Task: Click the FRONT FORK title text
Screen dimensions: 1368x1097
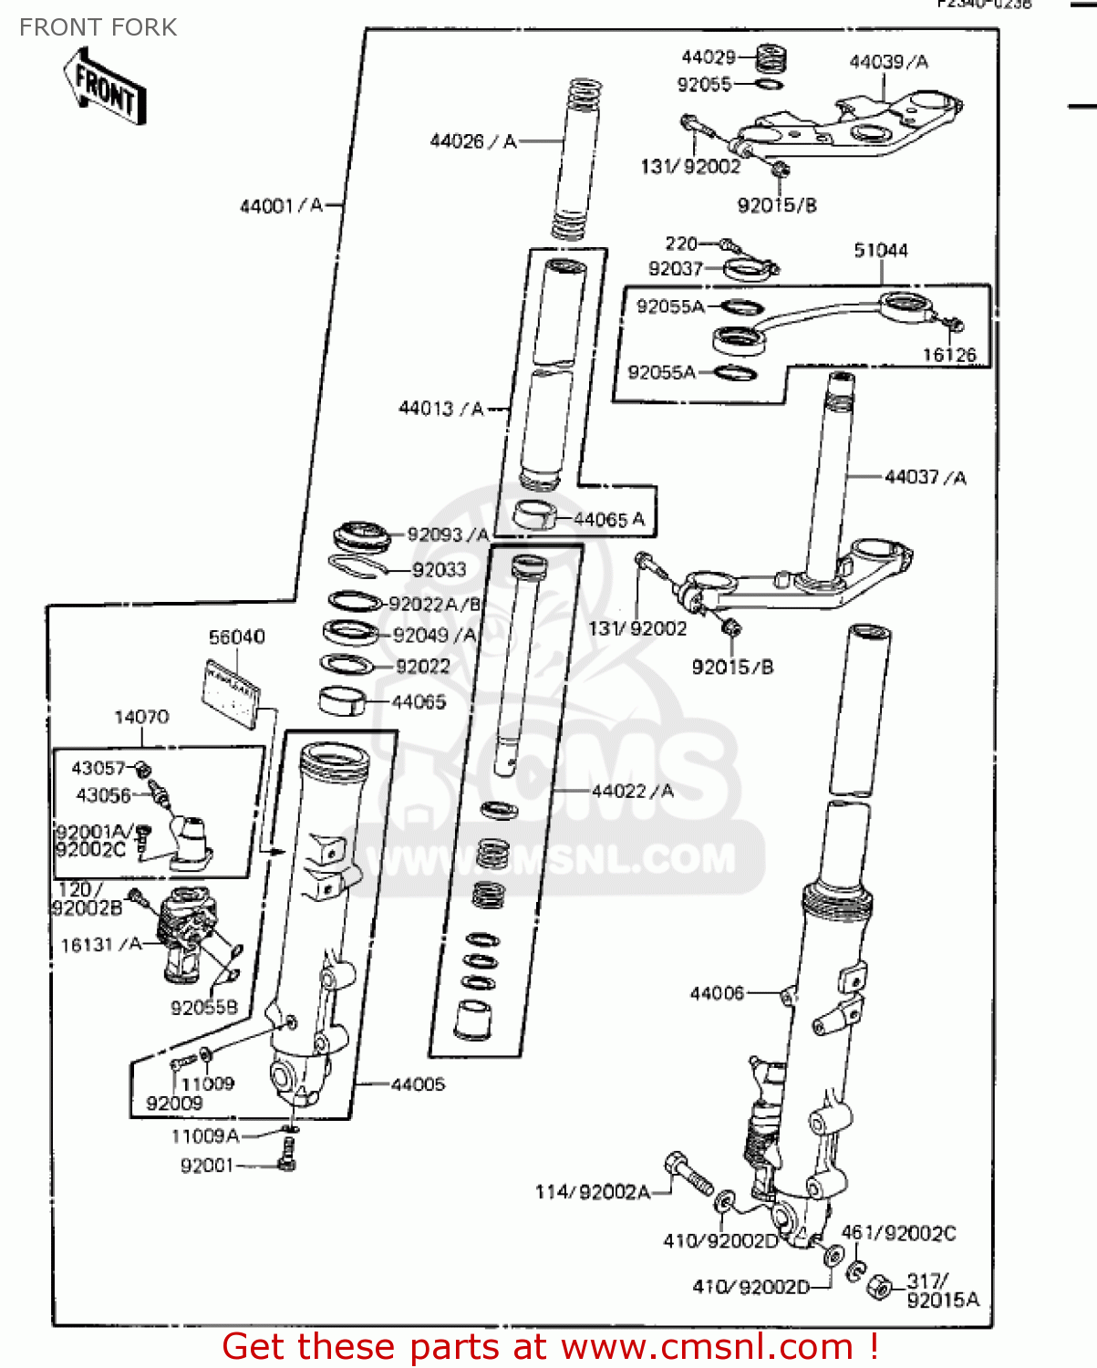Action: point(98,27)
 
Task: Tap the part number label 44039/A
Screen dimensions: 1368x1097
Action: point(888,62)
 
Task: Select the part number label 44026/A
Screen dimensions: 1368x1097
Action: point(472,140)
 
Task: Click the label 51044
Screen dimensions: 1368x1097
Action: point(880,250)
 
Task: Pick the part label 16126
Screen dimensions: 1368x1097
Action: point(948,355)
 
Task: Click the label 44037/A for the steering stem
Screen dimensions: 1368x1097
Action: point(925,477)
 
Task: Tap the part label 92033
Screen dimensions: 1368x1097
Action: point(439,570)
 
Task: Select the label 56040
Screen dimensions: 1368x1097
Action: point(237,637)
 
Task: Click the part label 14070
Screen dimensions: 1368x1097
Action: point(141,717)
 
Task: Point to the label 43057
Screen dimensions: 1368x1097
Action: point(98,768)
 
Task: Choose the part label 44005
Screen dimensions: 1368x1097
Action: point(418,1084)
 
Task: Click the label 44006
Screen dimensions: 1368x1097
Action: point(717,993)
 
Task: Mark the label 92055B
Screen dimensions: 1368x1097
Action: point(203,1007)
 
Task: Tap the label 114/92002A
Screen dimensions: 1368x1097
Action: point(592,1192)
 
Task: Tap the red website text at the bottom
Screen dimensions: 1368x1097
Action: point(550,1346)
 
